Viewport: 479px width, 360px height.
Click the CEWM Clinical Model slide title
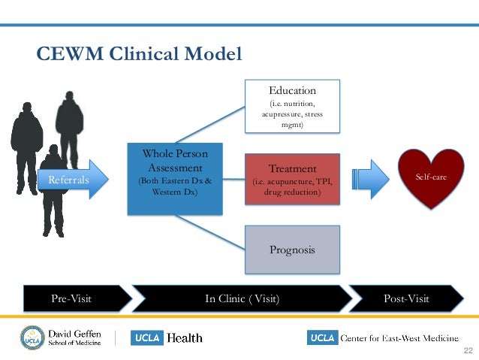point(139,53)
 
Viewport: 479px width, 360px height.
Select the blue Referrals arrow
point(73,180)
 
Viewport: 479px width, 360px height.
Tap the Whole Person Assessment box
point(175,179)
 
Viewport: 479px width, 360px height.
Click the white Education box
point(292,106)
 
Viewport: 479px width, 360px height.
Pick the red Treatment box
point(292,179)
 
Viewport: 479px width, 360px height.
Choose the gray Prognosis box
point(292,250)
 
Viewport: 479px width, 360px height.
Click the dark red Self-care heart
point(431,177)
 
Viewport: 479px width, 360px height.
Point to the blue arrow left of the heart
point(371,179)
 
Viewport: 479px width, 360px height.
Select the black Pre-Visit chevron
point(77,298)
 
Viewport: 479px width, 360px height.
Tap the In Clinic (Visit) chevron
point(242,298)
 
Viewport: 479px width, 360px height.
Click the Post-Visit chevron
point(406,298)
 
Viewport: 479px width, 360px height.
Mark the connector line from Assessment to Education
point(210,125)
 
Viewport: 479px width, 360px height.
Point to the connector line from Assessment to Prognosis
point(210,232)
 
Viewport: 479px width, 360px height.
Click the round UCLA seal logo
point(32,337)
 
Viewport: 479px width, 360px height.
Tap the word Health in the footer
point(185,338)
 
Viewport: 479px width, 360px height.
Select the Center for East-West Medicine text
point(399,338)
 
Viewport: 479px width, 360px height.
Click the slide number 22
point(468,350)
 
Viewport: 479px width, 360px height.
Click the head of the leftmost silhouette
point(27,107)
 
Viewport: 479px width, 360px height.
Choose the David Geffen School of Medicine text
point(74,337)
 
